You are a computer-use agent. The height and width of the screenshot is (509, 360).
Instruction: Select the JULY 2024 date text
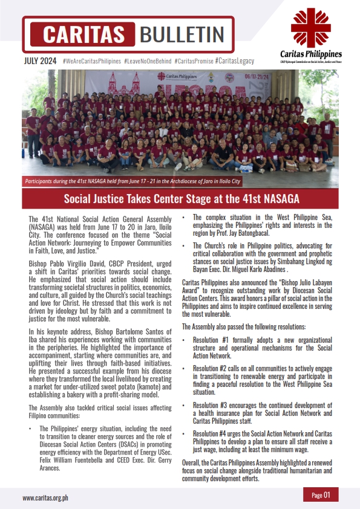click(x=40, y=61)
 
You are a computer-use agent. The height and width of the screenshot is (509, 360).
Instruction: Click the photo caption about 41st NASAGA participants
click(x=132, y=181)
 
